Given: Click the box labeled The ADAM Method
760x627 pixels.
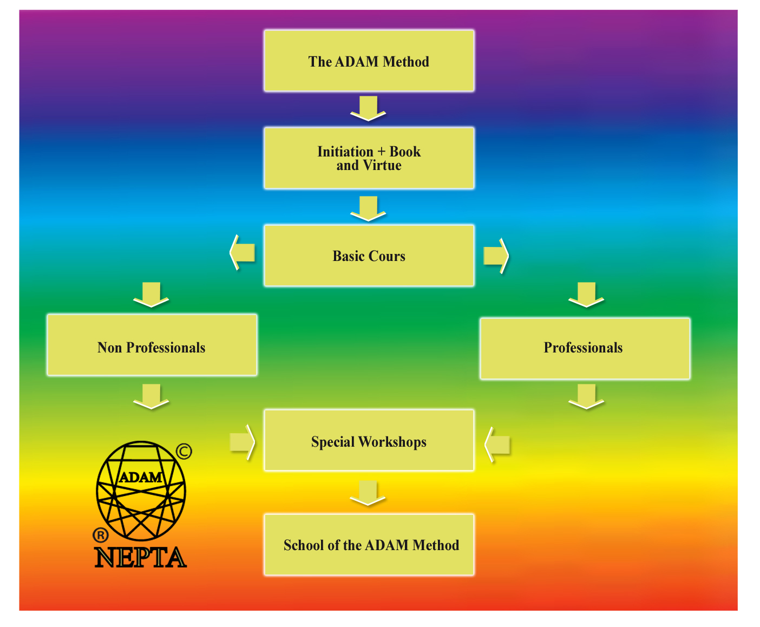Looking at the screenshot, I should pos(369,61).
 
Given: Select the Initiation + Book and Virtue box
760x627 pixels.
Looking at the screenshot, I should pos(369,158).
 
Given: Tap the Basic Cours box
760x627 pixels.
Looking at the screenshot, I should pos(369,256).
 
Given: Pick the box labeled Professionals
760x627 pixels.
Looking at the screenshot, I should pos(585,348).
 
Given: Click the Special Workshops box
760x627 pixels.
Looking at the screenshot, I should pos(369,441).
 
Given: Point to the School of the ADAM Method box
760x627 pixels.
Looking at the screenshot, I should pos(369,545).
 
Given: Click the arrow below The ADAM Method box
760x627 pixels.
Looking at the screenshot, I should pos(368,108).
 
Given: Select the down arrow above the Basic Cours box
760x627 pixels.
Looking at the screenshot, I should pos(368,208).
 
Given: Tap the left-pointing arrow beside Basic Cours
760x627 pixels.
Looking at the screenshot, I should pos(242,252).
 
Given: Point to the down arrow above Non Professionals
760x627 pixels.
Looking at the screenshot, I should pos(151,295).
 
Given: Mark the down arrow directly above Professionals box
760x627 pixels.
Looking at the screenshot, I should pos(586,295).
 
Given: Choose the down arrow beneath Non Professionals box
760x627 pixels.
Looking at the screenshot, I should pos(151,396).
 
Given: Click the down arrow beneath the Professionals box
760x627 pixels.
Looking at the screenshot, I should pos(586,396).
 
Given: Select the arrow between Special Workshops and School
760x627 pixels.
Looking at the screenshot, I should pos(368,493).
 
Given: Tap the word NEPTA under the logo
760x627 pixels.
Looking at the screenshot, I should pos(141,558).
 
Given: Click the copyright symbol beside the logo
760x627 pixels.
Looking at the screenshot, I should pos(184,451).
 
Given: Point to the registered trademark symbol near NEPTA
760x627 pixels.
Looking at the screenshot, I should pos(101,535).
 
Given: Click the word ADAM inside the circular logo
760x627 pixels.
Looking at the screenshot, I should pos(140,477).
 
